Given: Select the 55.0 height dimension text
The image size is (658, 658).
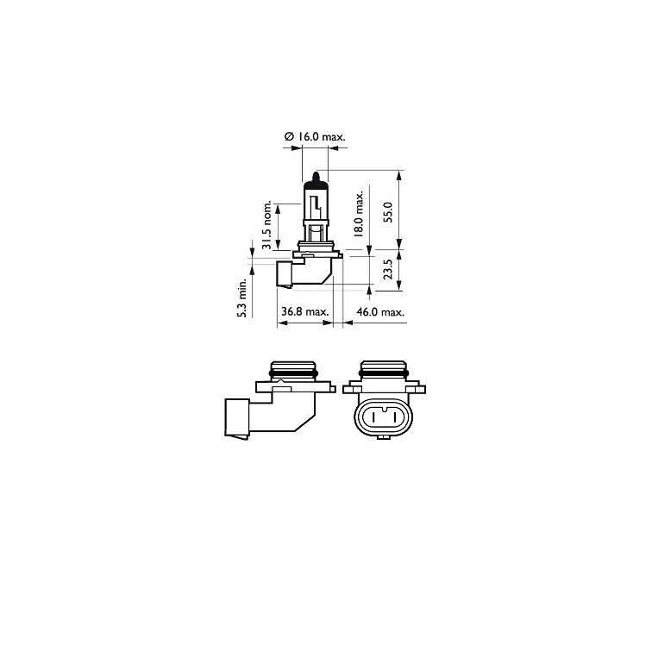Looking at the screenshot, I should coord(388,211).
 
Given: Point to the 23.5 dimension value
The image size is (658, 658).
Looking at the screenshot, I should coord(388,270).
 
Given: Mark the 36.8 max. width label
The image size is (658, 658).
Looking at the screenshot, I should coord(304,311).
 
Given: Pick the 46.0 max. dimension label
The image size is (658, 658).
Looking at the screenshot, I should coord(378,311).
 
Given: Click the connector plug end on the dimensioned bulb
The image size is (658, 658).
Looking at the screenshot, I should coord(284,275).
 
